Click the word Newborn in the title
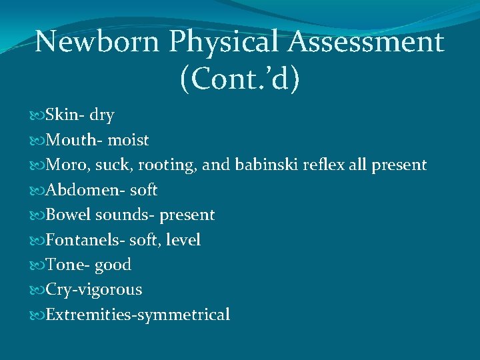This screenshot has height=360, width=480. coord(97,42)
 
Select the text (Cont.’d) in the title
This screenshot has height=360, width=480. coord(240,78)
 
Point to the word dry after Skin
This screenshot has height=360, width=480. coord(101,116)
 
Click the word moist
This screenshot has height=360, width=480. coord(128,141)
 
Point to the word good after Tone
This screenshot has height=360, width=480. coord(113,265)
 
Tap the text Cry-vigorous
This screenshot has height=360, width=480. coord(93,290)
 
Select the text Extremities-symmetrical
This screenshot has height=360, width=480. coord(137,315)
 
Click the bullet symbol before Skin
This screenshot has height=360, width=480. coord(37,116)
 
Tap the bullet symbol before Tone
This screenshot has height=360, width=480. coord(37,265)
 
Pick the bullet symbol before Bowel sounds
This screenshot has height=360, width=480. coord(37,215)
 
